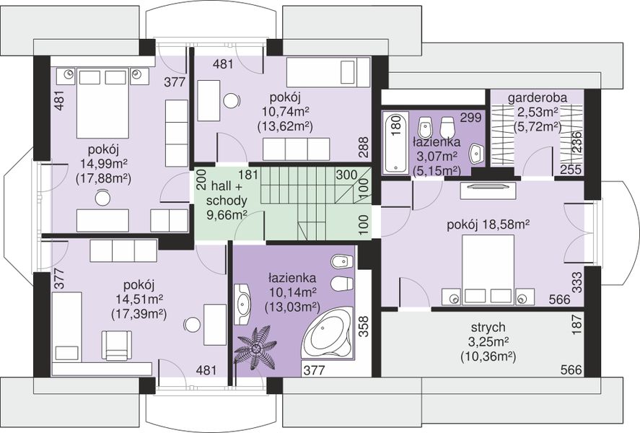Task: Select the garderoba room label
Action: pos(537,98)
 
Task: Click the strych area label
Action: pos(488,328)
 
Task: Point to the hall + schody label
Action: pos(227,193)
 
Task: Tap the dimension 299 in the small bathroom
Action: pos(470,118)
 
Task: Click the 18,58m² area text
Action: pos(505,225)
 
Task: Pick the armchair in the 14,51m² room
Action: pos(117,345)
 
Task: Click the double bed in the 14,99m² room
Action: pos(102,104)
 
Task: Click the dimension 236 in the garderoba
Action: pos(577,142)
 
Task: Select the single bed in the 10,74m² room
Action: pos(329,72)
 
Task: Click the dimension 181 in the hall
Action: pos(249,175)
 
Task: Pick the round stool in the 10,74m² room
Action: pos(232,100)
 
